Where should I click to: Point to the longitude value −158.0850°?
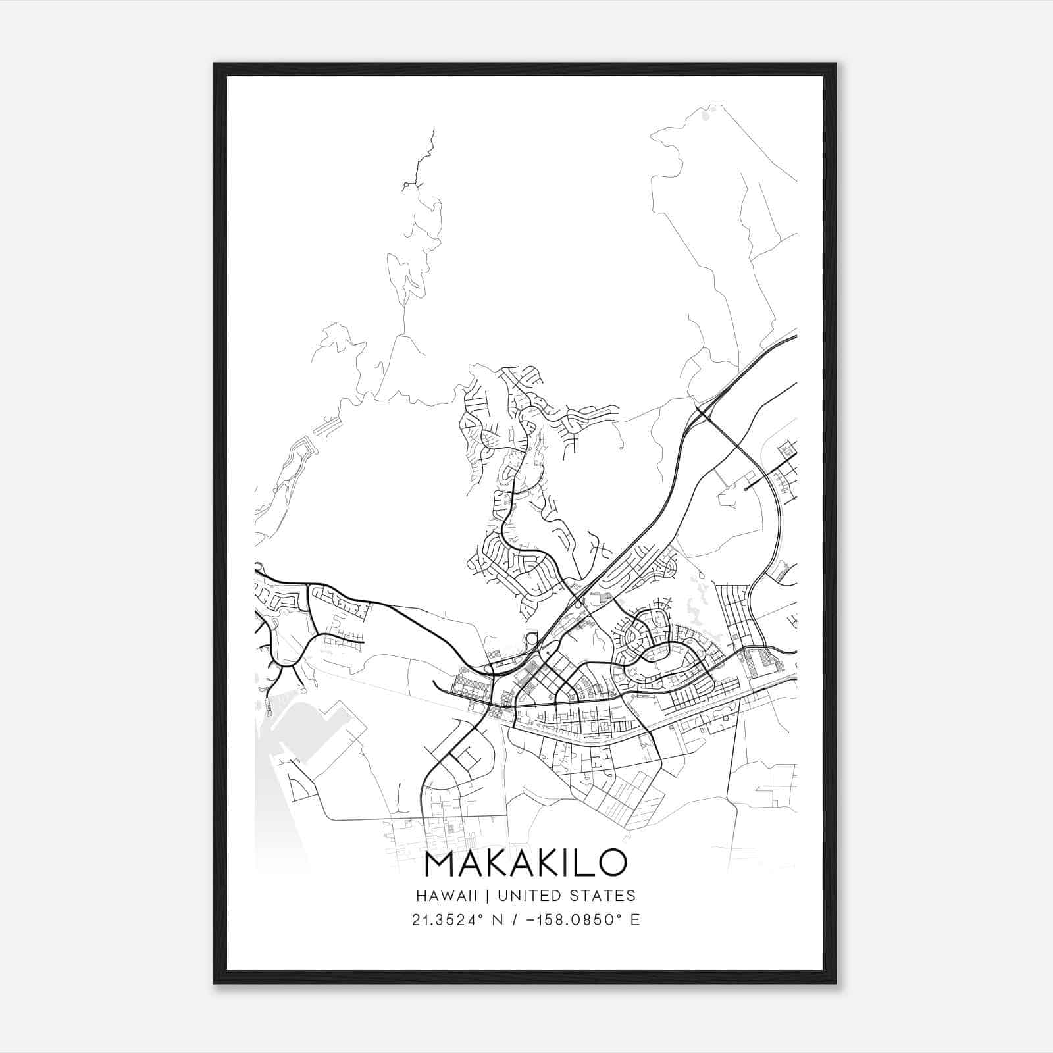click(578, 919)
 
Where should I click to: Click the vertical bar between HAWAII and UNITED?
click(488, 896)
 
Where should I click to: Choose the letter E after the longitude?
click(635, 919)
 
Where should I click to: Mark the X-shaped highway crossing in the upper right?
click(701, 412)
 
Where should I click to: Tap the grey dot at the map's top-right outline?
click(706, 116)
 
